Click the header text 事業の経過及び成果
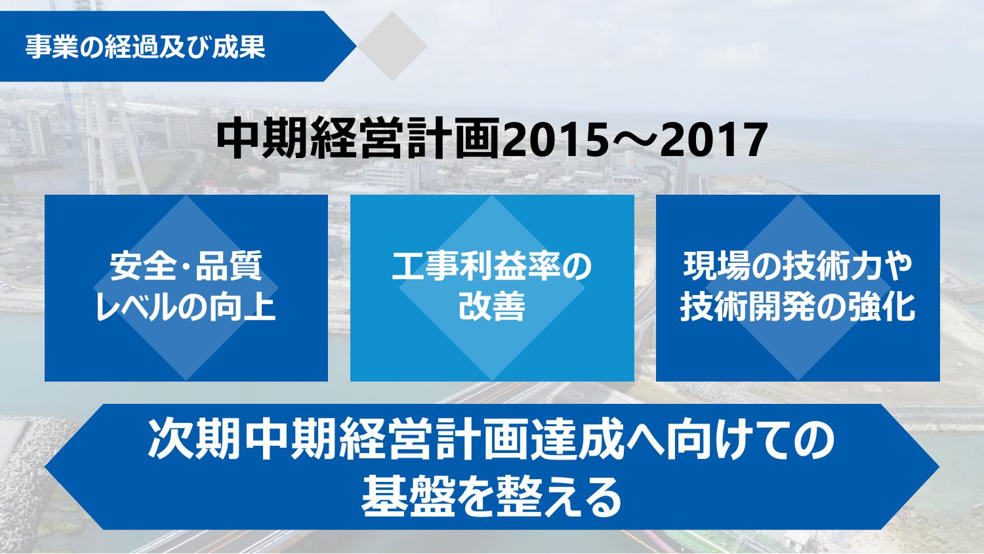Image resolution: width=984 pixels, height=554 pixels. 146,47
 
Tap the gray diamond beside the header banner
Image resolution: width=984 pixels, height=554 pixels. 392,46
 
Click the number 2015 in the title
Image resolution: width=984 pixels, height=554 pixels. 551,140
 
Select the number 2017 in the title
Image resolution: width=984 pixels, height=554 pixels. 718,140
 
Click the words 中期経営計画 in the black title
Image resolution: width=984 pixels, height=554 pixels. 359,140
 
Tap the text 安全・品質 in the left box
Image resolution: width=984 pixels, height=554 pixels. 186,266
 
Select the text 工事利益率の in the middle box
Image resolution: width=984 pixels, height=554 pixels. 492,266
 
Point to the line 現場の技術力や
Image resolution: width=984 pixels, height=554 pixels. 798,266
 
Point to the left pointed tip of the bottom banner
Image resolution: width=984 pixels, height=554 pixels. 45,467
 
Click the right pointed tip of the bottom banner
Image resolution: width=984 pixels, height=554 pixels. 939,467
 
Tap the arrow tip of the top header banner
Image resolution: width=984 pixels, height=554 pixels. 356,46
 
